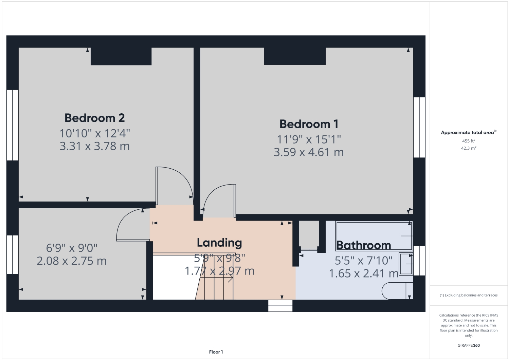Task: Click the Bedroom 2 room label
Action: tap(94, 118)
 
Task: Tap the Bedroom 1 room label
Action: tap(309, 124)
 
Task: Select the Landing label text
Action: tap(219, 243)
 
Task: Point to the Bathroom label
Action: tap(364, 245)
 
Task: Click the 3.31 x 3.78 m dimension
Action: tap(94, 146)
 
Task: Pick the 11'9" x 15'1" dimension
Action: tap(309, 139)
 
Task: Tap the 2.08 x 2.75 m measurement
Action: tap(72, 261)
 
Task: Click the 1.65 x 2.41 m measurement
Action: tap(364, 273)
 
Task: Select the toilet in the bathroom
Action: tap(397, 291)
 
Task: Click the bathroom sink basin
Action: tap(406, 264)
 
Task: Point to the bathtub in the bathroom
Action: tap(374, 236)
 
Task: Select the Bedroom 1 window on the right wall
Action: tap(419, 127)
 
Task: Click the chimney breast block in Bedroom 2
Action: tap(121, 56)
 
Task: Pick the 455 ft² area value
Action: tap(469, 141)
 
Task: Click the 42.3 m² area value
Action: tap(469, 148)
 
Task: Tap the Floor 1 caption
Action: tap(216, 352)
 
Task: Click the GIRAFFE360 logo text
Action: tap(469, 345)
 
